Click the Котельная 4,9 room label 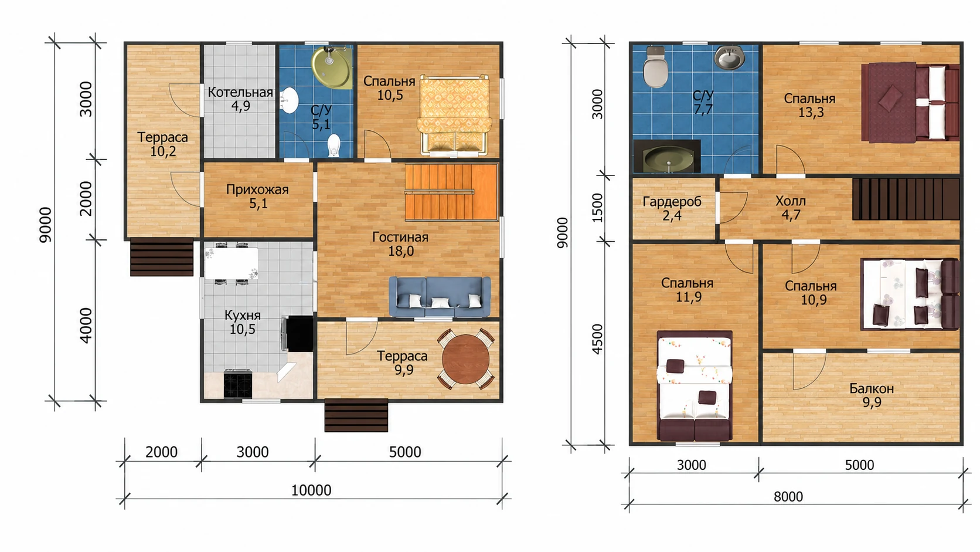click(240, 99)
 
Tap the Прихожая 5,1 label click(258, 196)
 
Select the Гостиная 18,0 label click(400, 244)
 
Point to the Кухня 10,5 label click(243, 321)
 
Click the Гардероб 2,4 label click(672, 208)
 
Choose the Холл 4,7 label click(791, 208)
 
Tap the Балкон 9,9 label click(872, 395)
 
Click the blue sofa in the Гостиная click(440, 296)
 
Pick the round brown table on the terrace click(465, 359)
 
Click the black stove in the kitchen click(237, 384)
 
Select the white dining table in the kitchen click(231, 263)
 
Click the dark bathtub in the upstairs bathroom click(667, 156)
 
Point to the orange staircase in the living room click(451, 192)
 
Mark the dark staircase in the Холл click(906, 199)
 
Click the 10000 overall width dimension click(311, 490)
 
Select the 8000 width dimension click(788, 497)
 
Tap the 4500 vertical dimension click(597, 339)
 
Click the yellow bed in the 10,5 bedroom click(454, 115)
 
